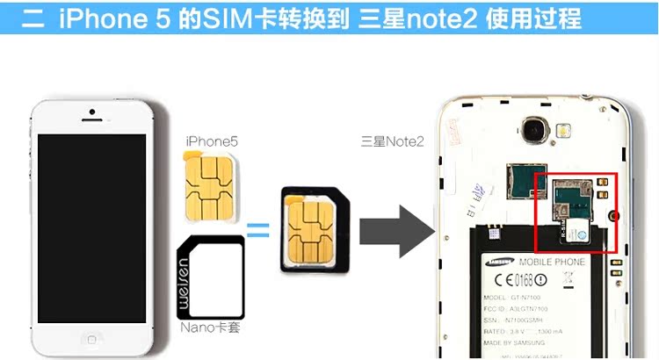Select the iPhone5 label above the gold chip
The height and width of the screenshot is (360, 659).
coord(212,140)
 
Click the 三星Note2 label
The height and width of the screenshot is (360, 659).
coord(392,140)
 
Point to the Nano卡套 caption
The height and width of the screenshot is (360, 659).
coord(212,328)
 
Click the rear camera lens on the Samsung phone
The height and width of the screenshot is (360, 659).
coord(532,132)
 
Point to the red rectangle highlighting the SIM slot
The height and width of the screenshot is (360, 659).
coord(576,212)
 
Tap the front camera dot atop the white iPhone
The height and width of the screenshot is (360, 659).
coord(91,112)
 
